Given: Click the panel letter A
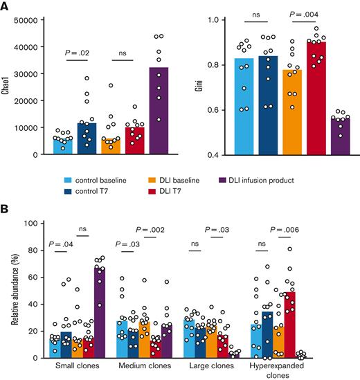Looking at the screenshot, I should (6, 6).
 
